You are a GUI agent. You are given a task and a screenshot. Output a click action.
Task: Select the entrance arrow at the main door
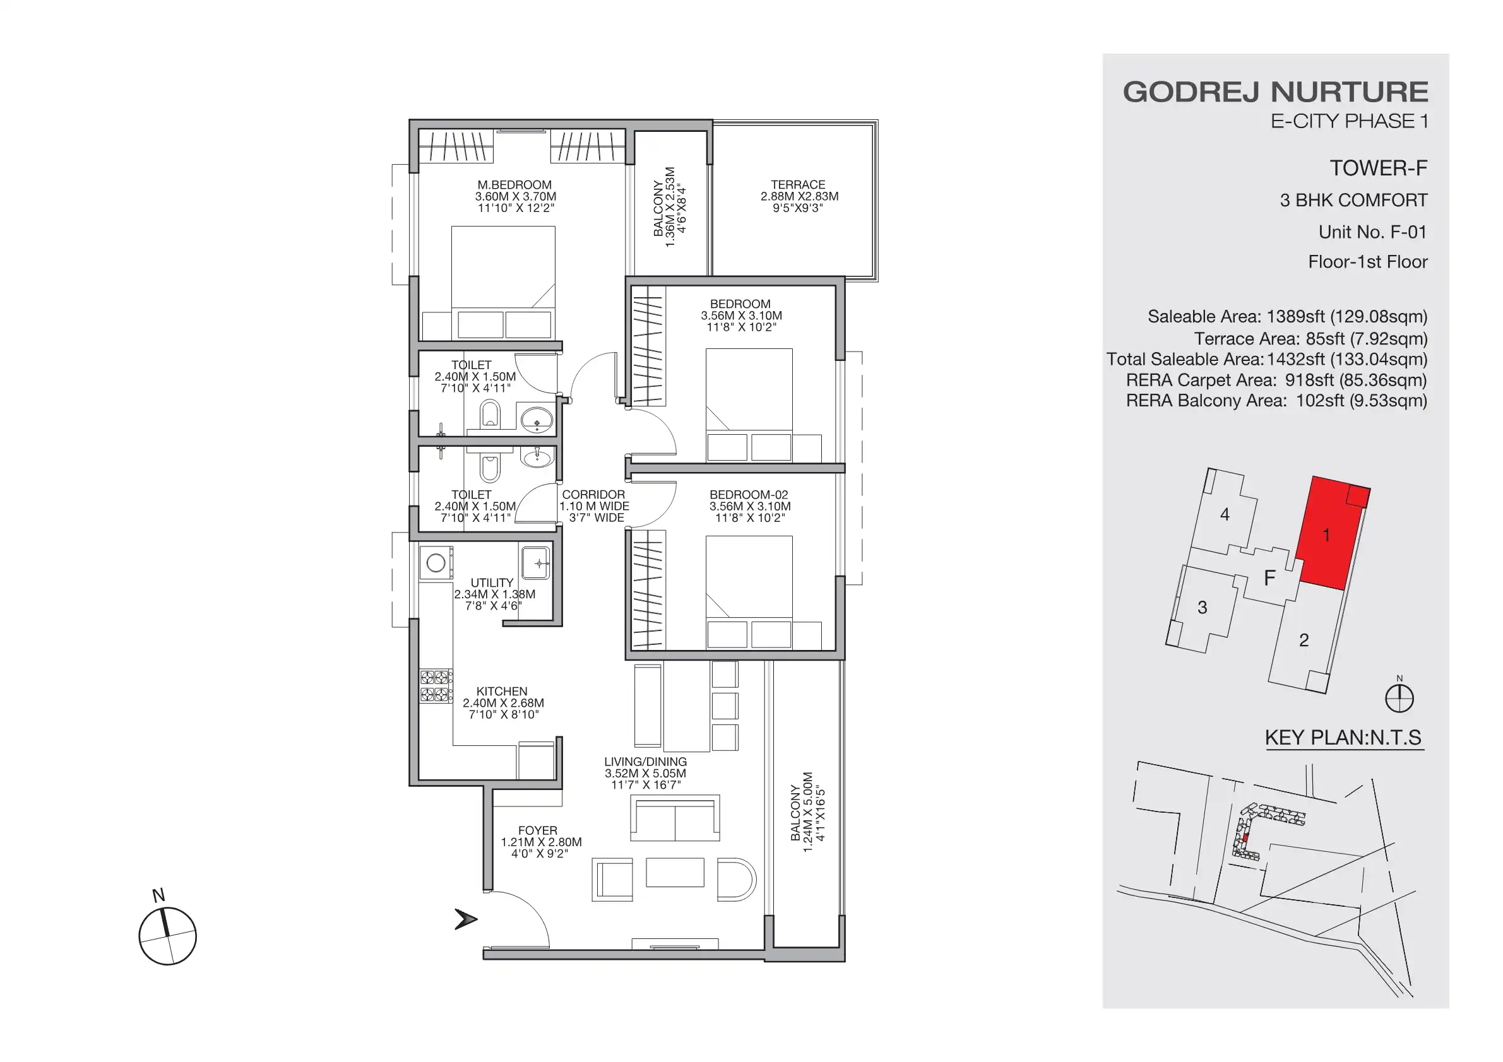tap(465, 919)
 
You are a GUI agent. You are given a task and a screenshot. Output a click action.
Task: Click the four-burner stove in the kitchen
tap(436, 686)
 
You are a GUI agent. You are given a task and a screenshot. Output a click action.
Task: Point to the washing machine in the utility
tap(436, 563)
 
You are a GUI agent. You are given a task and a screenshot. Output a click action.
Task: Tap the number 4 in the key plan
tap(1225, 515)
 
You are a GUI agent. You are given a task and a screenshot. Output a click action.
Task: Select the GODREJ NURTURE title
tap(1275, 92)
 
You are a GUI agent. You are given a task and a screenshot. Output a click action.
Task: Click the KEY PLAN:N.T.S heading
tap(1343, 738)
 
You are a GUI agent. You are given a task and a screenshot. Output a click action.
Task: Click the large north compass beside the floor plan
tap(167, 936)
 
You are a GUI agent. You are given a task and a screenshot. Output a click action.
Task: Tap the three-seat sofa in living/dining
tap(675, 818)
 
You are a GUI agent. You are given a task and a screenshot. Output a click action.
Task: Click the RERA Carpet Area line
tap(1276, 380)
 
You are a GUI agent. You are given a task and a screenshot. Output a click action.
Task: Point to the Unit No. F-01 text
tap(1372, 232)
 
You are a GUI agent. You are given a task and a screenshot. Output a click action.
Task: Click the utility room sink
tap(536, 563)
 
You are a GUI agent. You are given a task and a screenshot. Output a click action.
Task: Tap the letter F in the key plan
tap(1269, 578)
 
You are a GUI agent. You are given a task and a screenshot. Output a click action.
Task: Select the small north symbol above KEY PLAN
tap(1399, 697)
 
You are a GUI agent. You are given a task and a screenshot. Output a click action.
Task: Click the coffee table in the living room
tap(674, 872)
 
